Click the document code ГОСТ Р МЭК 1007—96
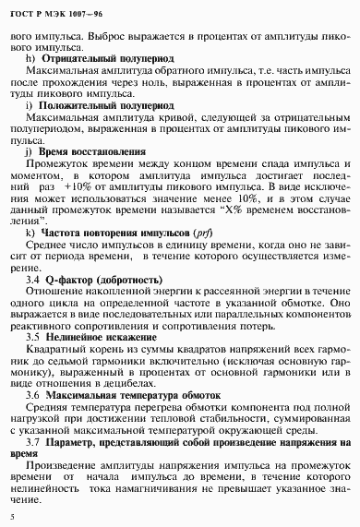[47, 12]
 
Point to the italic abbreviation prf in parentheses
[203, 234]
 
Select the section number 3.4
[33, 279]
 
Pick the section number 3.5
[33, 338]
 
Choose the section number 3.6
[33, 394]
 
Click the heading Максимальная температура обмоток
[134, 394]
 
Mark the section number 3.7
[33, 442]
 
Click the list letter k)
[30, 234]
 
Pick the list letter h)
[30, 58]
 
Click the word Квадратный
[55, 352]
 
